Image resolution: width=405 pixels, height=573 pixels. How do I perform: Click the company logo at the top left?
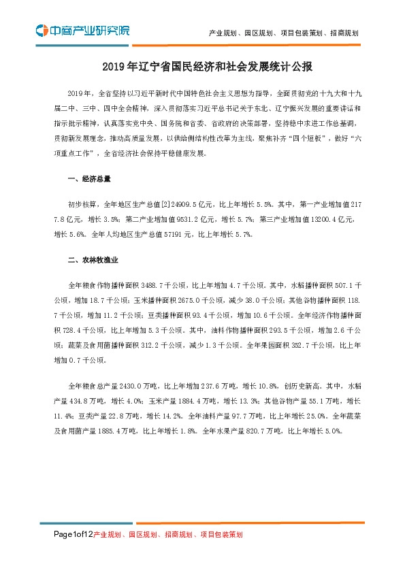tap(82, 30)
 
